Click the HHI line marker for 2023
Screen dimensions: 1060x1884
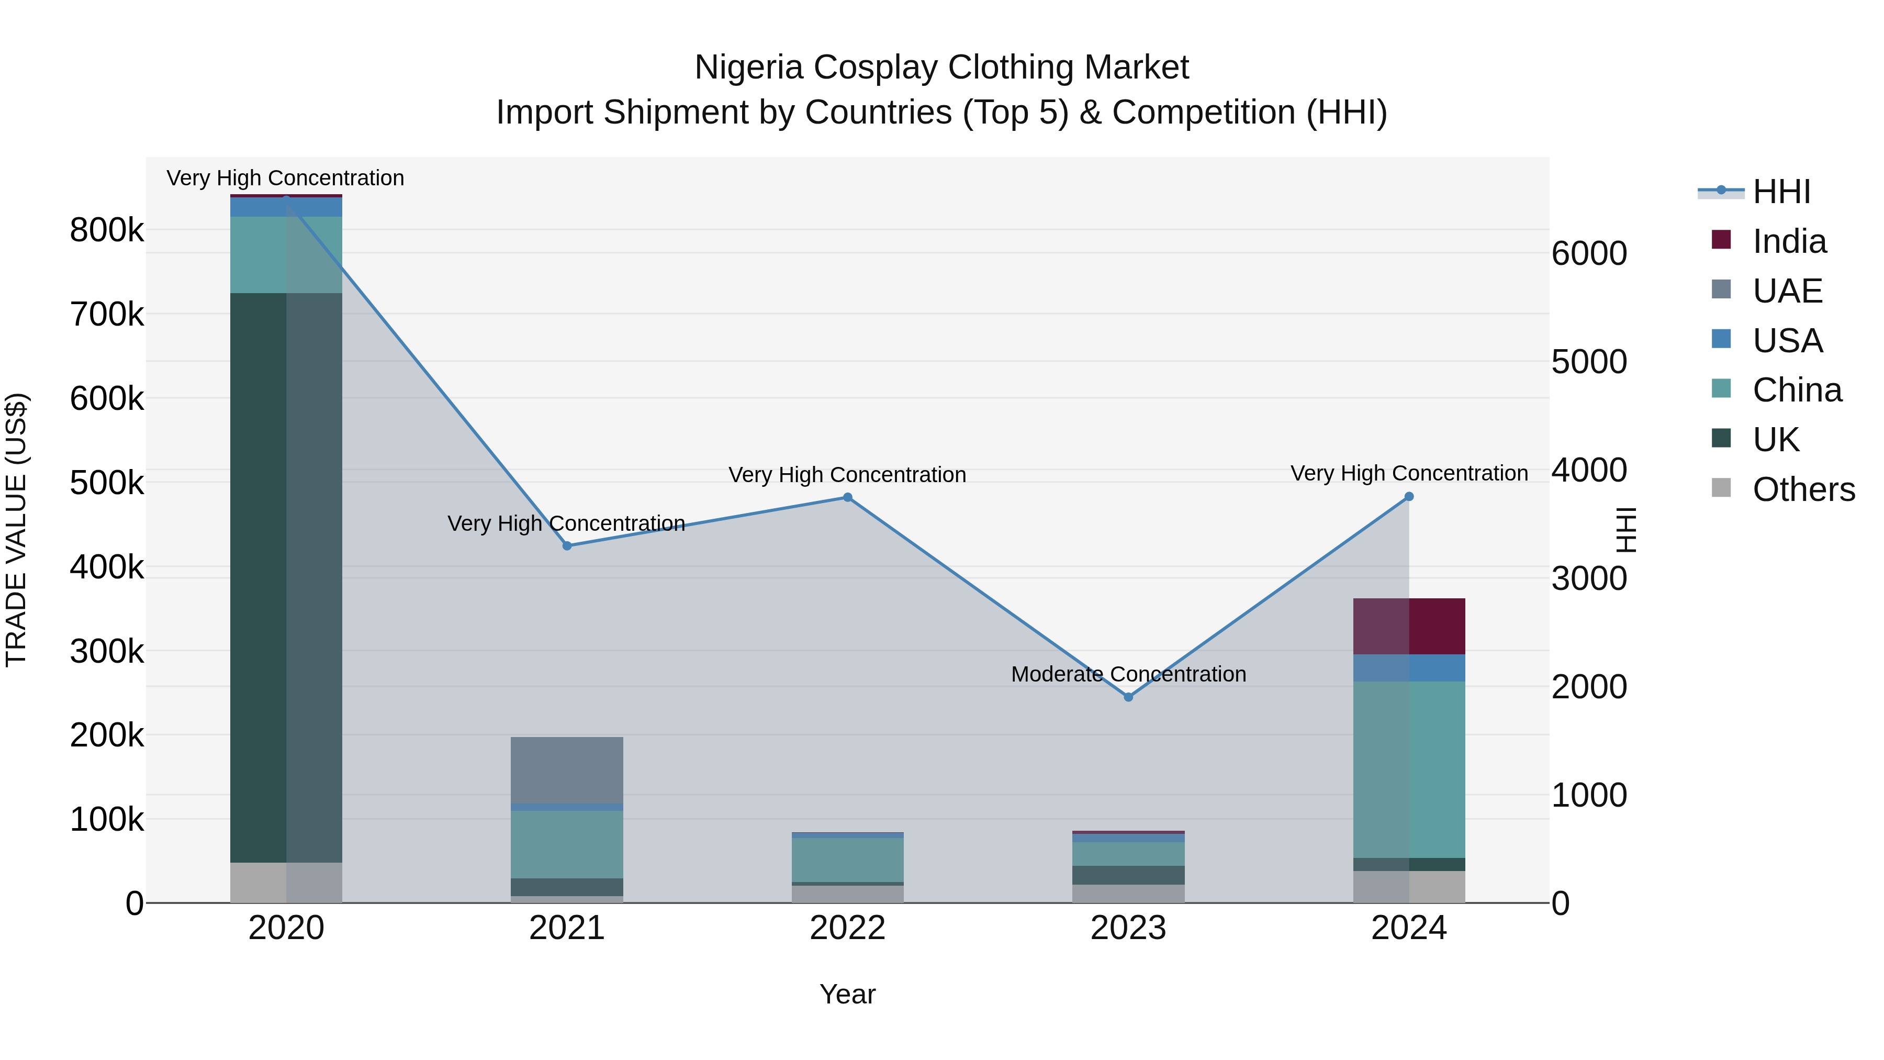[1128, 697]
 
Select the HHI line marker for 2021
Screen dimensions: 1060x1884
[567, 546]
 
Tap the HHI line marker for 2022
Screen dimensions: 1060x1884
[848, 497]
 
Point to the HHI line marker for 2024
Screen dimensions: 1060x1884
[1409, 497]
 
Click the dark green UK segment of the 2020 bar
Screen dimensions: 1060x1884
[286, 578]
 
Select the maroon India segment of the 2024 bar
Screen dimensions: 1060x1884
[1409, 626]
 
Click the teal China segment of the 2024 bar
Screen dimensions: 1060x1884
[1409, 769]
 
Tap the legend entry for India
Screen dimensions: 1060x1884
[1788, 241]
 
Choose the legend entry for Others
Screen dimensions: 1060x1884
[1803, 489]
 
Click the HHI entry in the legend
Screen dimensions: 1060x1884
[1781, 192]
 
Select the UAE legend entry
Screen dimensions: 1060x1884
[1787, 291]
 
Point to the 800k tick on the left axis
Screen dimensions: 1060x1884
[107, 230]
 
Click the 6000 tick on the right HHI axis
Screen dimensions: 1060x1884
[1588, 254]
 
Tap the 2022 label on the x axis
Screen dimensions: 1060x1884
[848, 928]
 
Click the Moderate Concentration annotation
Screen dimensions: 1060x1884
[1128, 674]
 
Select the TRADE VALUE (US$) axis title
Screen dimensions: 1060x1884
[16, 530]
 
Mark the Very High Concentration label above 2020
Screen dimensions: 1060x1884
[285, 178]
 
